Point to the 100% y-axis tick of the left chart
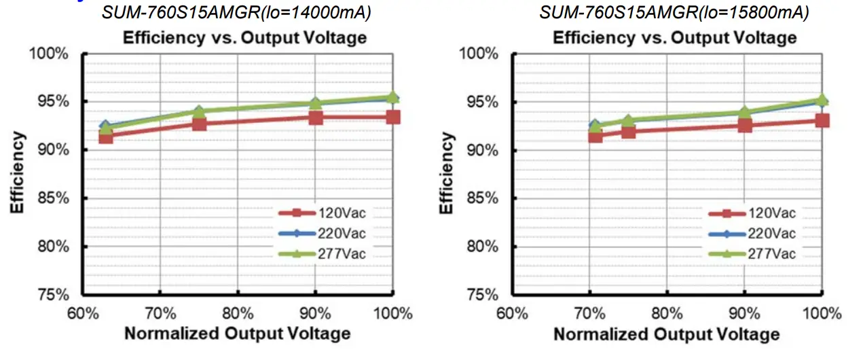click(x=50, y=53)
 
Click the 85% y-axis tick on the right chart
click(x=480, y=198)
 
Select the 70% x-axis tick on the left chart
click(x=160, y=314)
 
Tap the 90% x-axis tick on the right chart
click(x=745, y=314)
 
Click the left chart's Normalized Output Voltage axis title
click(x=237, y=334)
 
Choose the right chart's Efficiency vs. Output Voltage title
click(x=674, y=37)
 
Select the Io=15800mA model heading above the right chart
click(x=674, y=12)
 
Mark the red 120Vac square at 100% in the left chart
click(x=393, y=118)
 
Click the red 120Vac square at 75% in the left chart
click(x=199, y=124)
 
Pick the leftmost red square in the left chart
click(x=105, y=137)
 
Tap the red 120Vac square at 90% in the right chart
click(x=745, y=125)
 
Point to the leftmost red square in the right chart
click(x=596, y=136)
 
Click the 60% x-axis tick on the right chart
click(x=512, y=314)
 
